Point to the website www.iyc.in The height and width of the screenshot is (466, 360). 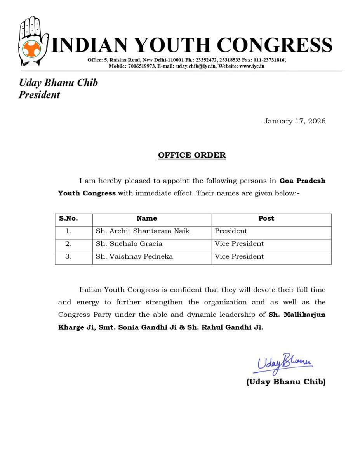tap(252, 66)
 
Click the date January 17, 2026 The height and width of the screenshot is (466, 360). tap(294, 121)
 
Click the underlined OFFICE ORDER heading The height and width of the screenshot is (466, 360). tap(191, 155)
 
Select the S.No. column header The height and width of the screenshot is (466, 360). tap(68, 219)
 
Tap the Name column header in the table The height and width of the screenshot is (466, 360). tap(147, 219)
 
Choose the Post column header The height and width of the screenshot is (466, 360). tap(266, 219)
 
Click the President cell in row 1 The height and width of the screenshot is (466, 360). tap(231, 231)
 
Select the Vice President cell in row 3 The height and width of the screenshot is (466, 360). tap(239, 256)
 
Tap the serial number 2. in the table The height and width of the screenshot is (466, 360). tap(69, 244)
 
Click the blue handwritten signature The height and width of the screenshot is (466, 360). tap(284, 363)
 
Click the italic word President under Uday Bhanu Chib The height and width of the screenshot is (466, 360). tap(39, 95)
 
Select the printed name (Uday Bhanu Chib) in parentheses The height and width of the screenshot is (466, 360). tap(286, 382)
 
